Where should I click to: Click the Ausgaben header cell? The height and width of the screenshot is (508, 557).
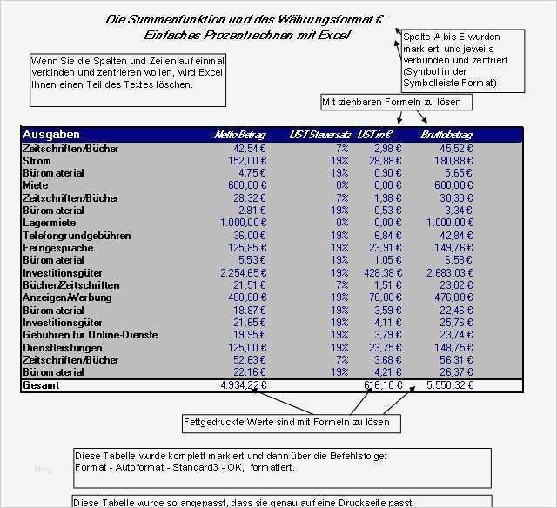[x=51, y=135]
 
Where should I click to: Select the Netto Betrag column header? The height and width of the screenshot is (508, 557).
[x=239, y=135]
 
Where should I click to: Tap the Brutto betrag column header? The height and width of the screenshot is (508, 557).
[x=447, y=135]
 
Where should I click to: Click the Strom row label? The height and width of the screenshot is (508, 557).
[x=37, y=161]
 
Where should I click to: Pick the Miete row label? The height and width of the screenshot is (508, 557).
[x=37, y=185]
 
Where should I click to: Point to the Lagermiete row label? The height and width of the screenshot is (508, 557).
[x=49, y=223]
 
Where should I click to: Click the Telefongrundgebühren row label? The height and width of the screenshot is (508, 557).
[x=77, y=235]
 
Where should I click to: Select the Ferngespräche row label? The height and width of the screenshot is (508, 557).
[x=58, y=247]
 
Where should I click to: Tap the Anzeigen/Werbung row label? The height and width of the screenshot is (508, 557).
[x=67, y=297]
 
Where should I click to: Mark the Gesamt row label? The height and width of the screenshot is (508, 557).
[x=41, y=384]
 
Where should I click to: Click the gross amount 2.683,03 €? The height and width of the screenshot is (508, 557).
[x=449, y=272]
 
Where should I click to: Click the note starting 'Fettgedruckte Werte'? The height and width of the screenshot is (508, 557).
[x=292, y=424]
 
